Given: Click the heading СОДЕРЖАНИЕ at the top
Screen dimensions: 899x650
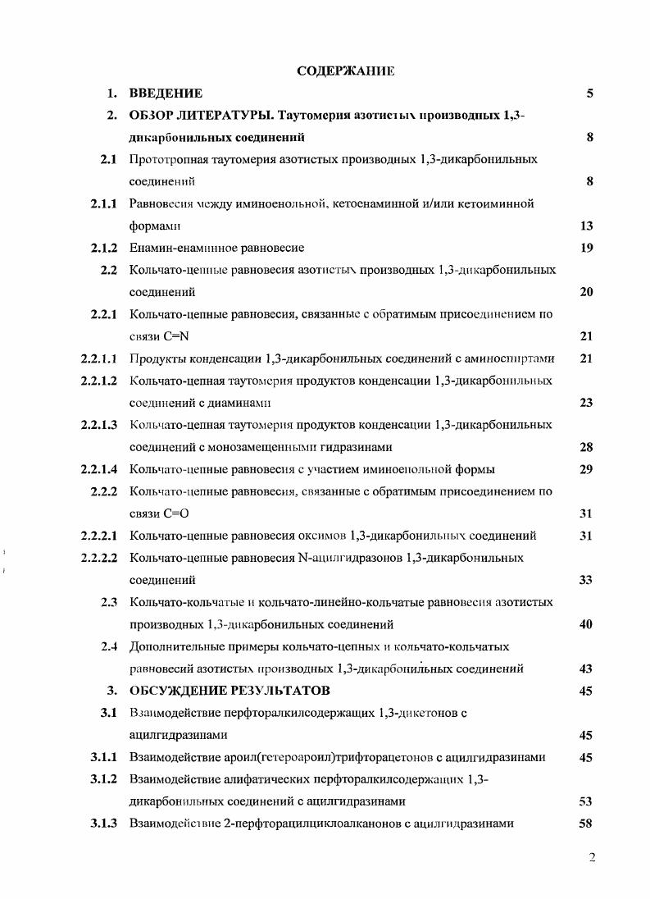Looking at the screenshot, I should (345, 71).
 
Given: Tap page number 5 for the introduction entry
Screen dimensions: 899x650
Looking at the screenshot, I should (589, 94).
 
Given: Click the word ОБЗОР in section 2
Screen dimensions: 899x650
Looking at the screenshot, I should (153, 116).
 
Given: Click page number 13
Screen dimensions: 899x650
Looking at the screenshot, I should (586, 226).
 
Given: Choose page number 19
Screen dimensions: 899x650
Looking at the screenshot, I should (586, 248).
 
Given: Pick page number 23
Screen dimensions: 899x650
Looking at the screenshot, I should (586, 403).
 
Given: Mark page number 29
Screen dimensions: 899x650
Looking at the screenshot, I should (586, 469).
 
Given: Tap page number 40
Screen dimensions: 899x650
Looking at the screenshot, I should (586, 624).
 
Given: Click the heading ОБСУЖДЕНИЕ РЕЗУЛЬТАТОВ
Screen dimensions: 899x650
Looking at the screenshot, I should (230, 691).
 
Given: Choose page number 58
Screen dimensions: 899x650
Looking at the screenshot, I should (586, 824).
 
